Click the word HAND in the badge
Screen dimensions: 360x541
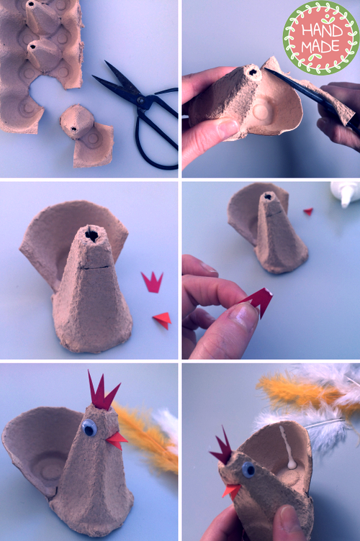[x=322, y=31]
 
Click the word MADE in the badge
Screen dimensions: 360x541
[x=320, y=46]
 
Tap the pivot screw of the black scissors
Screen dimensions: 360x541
[x=141, y=101]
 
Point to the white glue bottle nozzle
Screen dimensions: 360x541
[x=345, y=199]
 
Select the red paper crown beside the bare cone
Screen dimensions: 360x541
[x=152, y=283]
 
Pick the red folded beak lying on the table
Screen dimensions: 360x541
[x=163, y=320]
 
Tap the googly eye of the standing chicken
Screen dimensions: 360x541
[x=89, y=427]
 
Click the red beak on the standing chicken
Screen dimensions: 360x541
[x=117, y=440]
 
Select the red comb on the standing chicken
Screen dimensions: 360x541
[x=102, y=392]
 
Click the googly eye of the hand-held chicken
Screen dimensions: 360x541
[x=248, y=470]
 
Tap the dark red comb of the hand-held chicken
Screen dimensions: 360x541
[x=222, y=447]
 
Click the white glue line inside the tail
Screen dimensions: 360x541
[x=287, y=448]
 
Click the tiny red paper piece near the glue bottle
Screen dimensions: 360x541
[x=308, y=212]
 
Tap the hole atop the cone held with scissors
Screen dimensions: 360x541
[x=253, y=73]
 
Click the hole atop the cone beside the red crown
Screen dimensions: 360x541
[x=92, y=235]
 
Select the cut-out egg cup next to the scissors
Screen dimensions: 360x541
[x=86, y=136]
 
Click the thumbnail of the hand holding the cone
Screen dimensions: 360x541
[x=228, y=127]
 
